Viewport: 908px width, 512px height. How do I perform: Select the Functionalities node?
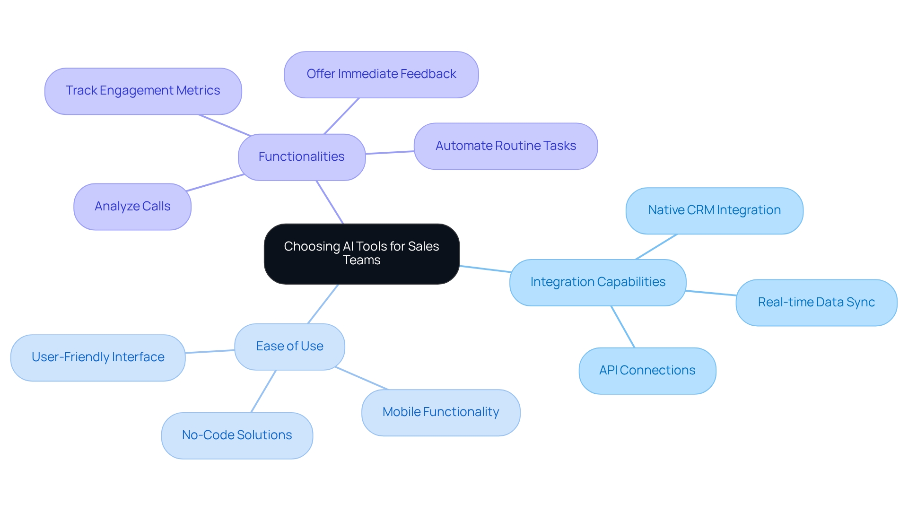point(302,157)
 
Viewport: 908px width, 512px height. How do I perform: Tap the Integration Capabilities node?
point(598,282)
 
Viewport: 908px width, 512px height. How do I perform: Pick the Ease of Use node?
point(289,347)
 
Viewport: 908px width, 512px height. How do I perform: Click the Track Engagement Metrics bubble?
point(143,91)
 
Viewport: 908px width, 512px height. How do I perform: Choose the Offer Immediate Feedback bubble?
point(381,74)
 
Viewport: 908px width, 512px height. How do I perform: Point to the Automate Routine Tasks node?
point(506,146)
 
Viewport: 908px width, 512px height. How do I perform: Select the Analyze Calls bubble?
point(132,207)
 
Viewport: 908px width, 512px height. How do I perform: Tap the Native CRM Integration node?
point(714,210)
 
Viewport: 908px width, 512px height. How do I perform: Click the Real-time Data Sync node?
point(816,303)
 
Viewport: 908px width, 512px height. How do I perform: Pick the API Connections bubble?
point(647,371)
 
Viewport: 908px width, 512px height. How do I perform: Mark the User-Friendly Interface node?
point(98,357)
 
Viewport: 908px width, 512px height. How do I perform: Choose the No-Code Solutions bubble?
point(237,435)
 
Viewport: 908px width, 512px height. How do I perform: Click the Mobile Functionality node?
point(441,412)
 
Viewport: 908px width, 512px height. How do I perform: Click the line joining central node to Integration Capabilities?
point(485,269)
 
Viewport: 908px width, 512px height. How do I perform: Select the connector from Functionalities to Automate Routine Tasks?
point(390,152)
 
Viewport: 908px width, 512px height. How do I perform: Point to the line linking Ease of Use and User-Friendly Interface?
point(210,351)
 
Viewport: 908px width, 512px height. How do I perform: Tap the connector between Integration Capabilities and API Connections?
point(623,327)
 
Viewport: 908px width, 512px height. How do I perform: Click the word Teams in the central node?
point(361,260)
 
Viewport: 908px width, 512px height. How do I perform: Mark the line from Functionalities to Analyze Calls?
point(215,182)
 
